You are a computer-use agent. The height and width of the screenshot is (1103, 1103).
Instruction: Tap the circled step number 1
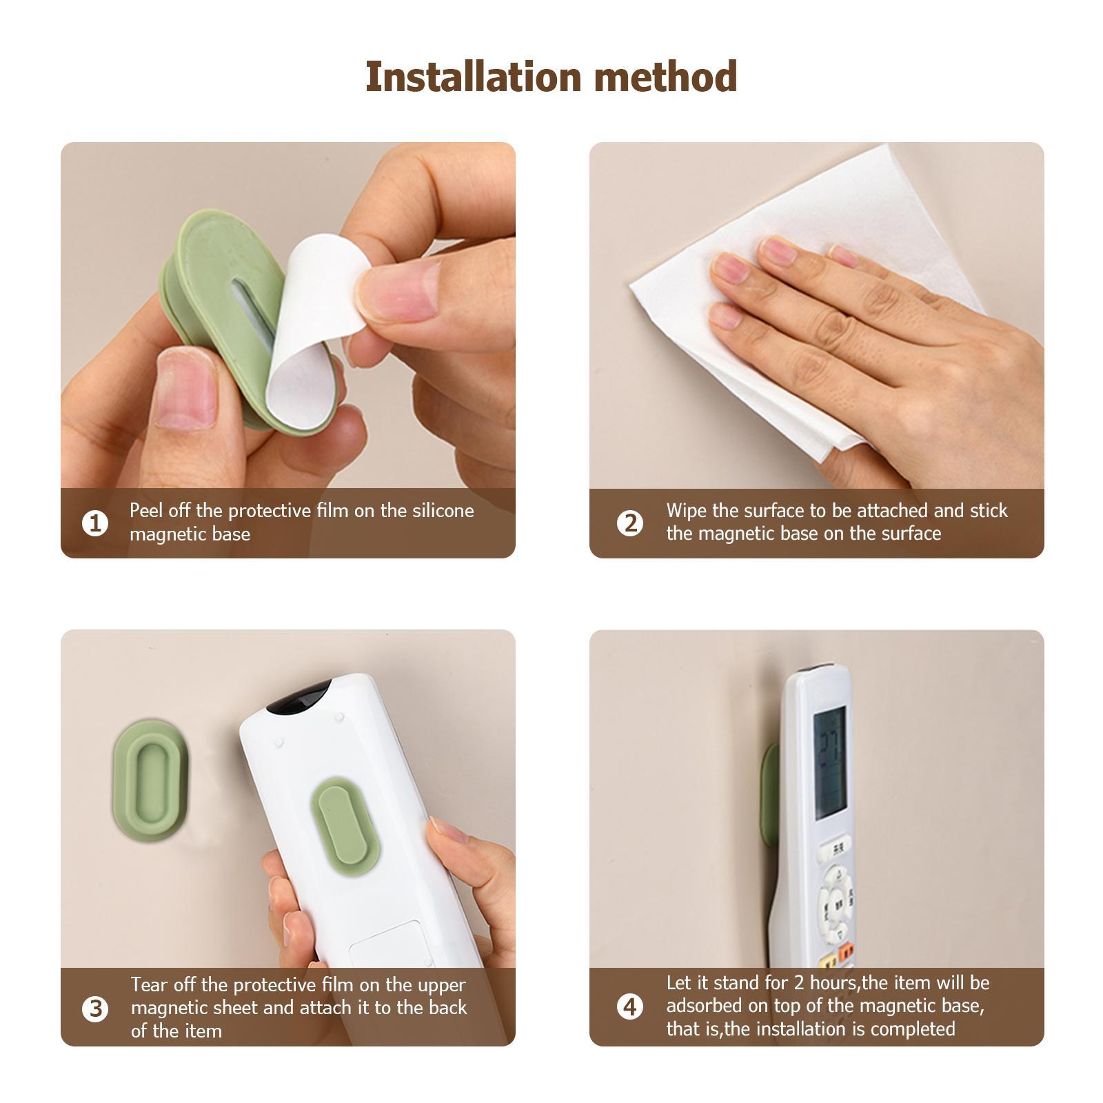(x=95, y=523)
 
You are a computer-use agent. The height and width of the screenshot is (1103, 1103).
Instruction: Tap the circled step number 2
(x=629, y=523)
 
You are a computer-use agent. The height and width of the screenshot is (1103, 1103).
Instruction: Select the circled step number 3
(x=95, y=1009)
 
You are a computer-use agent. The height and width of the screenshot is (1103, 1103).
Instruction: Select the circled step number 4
(x=629, y=1007)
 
